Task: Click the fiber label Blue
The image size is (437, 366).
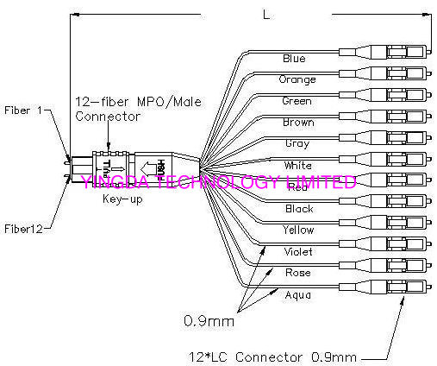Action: point(294,59)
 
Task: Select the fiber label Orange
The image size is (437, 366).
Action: point(296,79)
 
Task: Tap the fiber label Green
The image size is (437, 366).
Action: point(296,101)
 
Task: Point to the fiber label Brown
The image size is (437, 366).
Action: point(297,123)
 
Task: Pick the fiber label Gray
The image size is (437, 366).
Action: point(297,143)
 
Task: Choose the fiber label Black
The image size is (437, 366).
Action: point(299,209)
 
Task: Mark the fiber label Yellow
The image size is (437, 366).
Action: point(298,230)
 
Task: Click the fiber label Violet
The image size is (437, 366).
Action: point(298,252)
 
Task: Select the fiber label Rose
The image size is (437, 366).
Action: point(297,274)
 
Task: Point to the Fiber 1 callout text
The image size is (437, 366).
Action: point(23,111)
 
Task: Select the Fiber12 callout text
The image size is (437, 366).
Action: point(22,228)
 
